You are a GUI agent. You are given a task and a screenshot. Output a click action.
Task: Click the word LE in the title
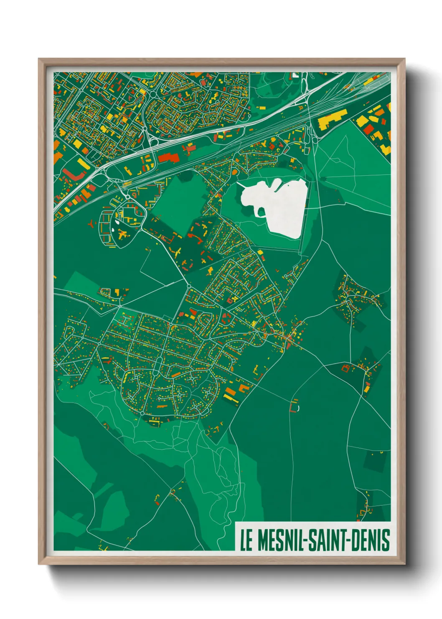click(246, 540)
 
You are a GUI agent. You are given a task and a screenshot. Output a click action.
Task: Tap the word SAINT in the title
click(327, 540)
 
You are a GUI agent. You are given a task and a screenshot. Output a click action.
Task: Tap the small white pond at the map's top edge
click(295, 75)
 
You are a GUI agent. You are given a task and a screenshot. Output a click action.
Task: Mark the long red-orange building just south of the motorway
click(168, 158)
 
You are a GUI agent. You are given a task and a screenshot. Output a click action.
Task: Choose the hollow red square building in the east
click(345, 368)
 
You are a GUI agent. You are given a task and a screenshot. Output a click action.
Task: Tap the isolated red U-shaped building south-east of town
click(295, 406)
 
